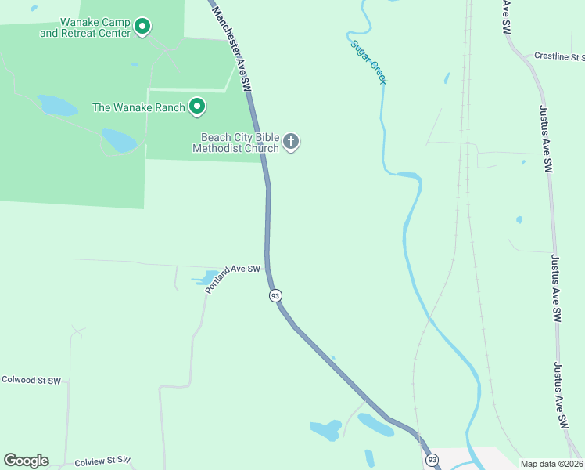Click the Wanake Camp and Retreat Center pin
[142, 27]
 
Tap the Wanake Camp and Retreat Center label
[84, 27]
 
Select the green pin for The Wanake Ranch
[197, 106]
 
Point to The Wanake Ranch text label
[138, 107]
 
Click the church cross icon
[291, 142]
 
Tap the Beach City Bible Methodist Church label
[239, 143]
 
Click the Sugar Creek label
[368, 62]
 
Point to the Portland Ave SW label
[232, 278]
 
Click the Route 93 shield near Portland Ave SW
[275, 295]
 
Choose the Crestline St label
[559, 56]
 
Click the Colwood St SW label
[31, 381]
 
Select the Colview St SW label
[102, 462]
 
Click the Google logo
[26, 461]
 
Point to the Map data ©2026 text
[551, 464]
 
